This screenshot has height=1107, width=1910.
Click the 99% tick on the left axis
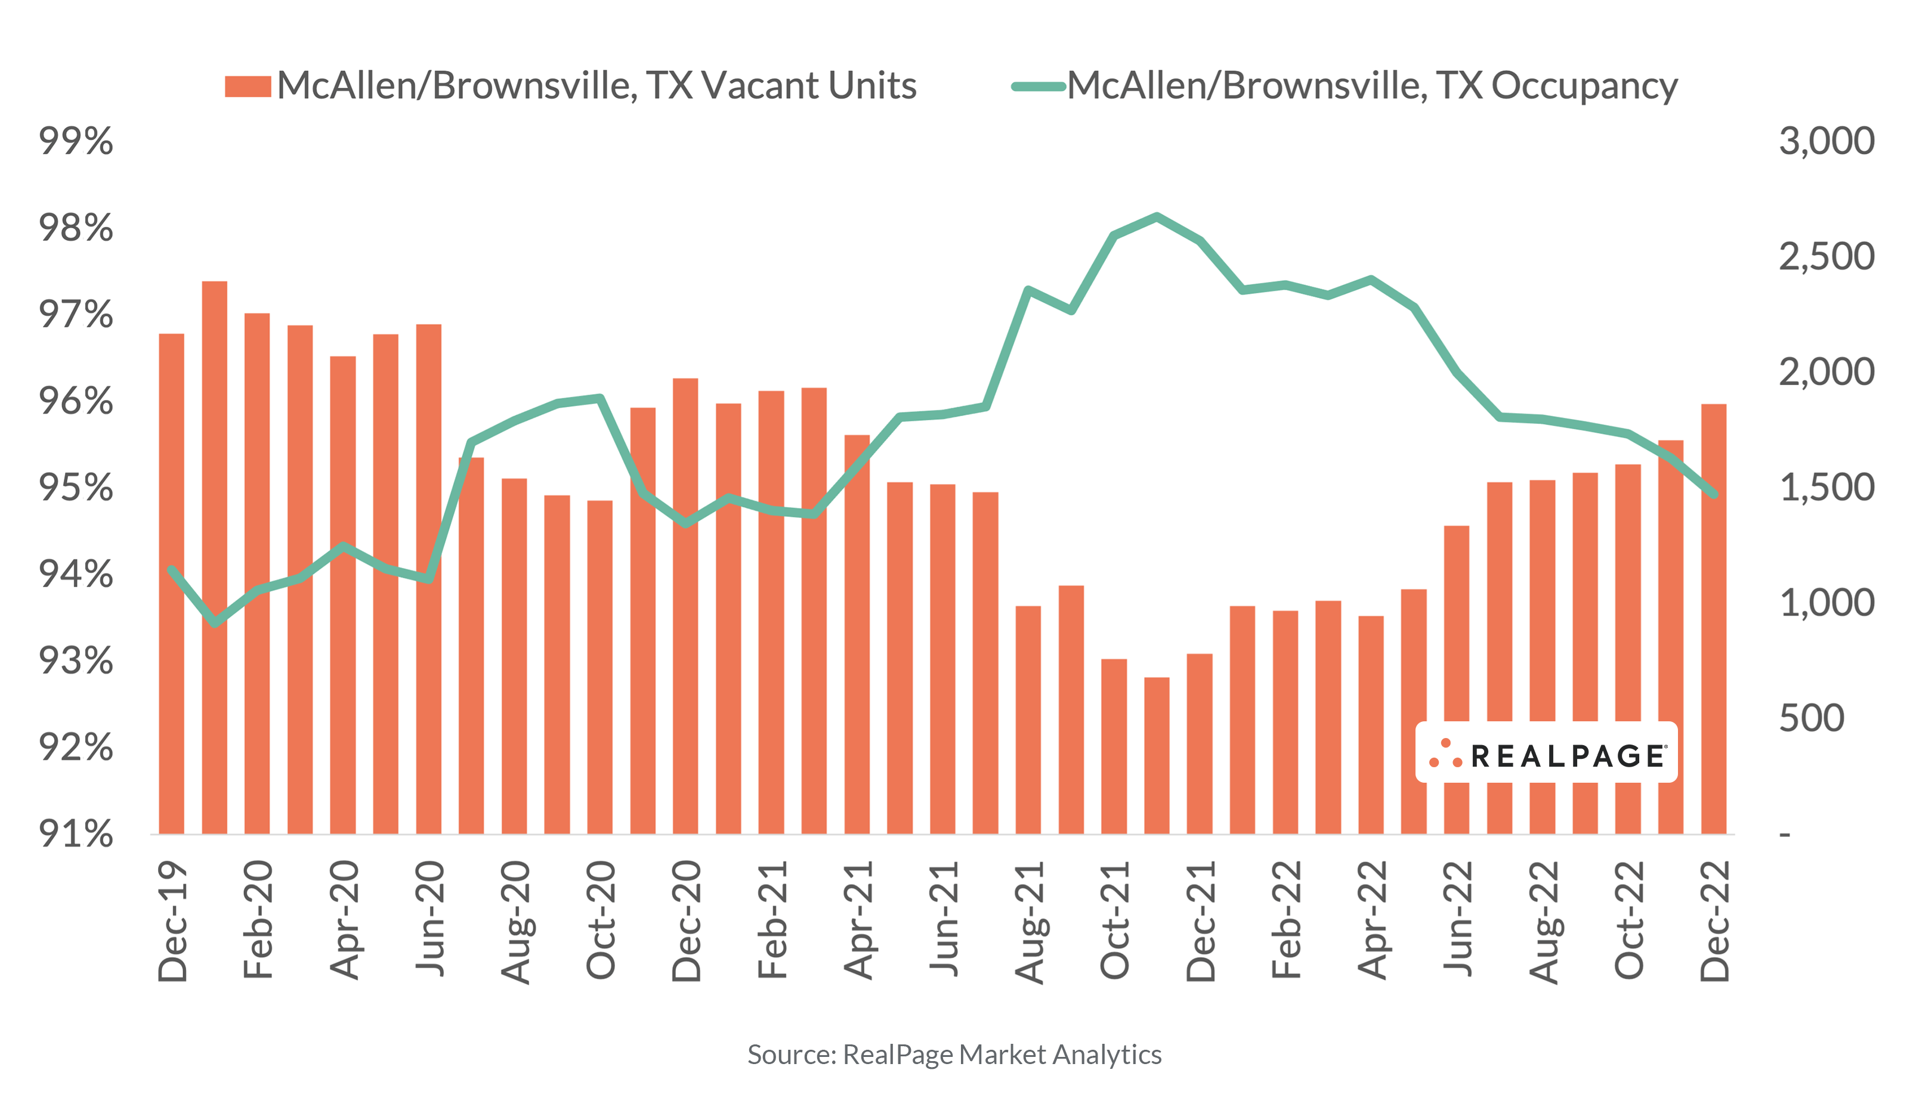[76, 142]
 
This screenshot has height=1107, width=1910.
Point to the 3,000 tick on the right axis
[1826, 142]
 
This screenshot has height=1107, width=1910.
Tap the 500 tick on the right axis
[1811, 718]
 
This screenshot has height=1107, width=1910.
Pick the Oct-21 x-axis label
[1114, 920]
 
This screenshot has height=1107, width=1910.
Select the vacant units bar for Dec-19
[171, 584]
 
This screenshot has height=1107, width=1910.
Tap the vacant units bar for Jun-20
[429, 579]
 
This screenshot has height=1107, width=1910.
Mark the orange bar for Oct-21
[1114, 746]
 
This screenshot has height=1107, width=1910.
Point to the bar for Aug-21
[1028, 720]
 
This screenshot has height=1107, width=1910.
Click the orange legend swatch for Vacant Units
[248, 86]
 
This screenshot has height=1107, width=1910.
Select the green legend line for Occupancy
[1039, 86]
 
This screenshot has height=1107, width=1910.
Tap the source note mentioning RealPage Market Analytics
[954, 1055]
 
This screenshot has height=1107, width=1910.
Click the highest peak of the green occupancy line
[1157, 217]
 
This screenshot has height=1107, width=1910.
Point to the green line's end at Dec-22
[1714, 495]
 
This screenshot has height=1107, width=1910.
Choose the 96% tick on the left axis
[76, 402]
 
